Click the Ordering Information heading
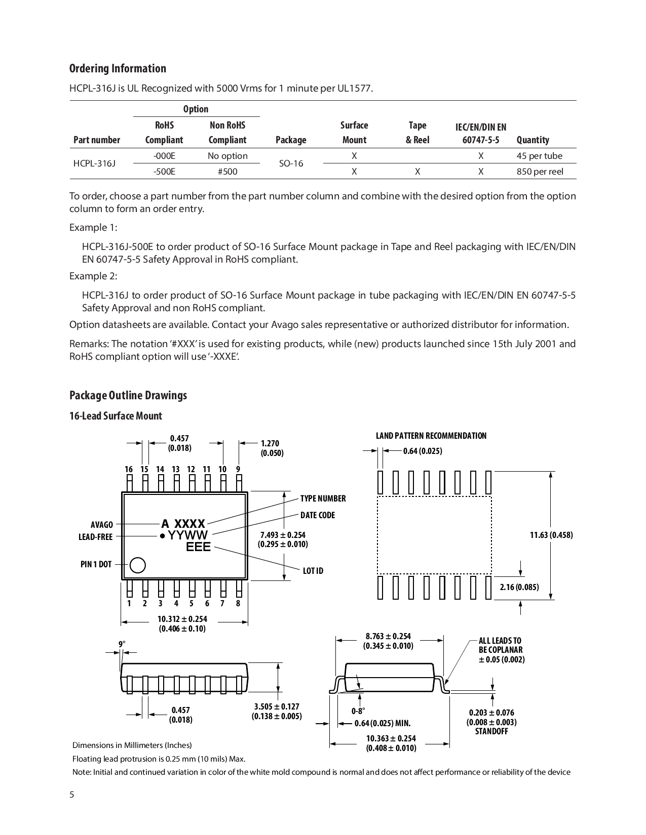118,68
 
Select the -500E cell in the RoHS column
164,172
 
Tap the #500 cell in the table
227,172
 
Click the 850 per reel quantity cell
540,172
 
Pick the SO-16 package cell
291,163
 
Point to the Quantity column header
533,140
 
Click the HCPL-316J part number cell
94,163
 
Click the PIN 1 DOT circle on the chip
138,565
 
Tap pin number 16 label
129,469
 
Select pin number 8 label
238,603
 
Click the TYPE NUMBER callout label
323,498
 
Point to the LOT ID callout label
313,571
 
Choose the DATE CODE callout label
317,515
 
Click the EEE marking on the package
198,547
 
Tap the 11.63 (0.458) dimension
551,535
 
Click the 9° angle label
122,644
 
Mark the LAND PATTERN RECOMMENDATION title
431,436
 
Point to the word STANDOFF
491,731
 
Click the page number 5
72,795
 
